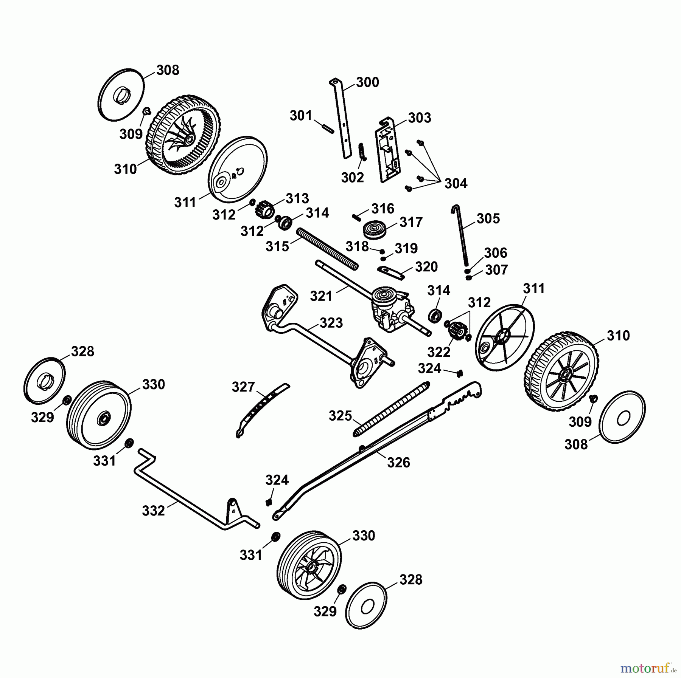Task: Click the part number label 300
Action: (x=367, y=82)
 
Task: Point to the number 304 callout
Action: (x=456, y=184)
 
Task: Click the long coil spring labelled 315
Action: (x=328, y=248)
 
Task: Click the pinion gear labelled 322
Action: (x=456, y=329)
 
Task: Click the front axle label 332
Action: (x=154, y=511)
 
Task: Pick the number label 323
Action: (x=331, y=323)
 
